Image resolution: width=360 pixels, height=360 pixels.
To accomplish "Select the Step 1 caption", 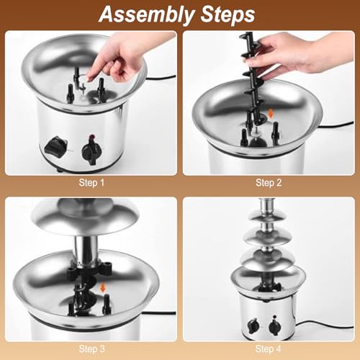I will click(91, 183).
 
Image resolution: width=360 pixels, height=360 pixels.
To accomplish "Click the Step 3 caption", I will click(91, 349).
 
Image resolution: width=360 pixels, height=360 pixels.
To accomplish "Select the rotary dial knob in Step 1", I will click(90, 152).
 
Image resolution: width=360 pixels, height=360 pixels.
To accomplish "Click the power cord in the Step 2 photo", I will click(336, 124).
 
